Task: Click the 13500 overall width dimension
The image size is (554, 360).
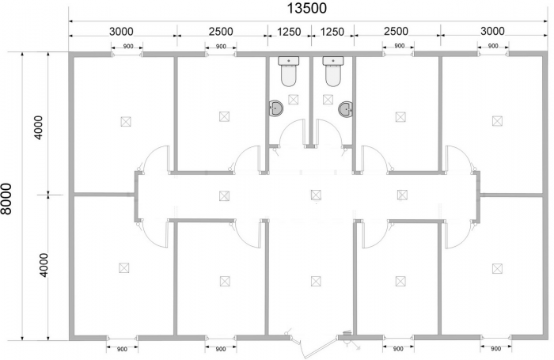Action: pyautogui.click(x=307, y=8)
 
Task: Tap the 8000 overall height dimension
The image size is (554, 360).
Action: pyautogui.click(x=6, y=199)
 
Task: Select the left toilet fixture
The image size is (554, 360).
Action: pyautogui.click(x=289, y=71)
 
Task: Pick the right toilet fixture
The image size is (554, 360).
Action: pyautogui.click(x=333, y=71)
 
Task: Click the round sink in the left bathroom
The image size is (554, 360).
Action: pyautogui.click(x=276, y=108)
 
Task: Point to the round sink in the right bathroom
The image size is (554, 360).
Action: pyautogui.click(x=345, y=109)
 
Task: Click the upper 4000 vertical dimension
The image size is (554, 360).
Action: pyautogui.click(x=39, y=127)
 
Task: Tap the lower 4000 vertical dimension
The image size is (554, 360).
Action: pyautogui.click(x=43, y=265)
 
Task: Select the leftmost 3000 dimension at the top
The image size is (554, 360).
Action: pyautogui.click(x=121, y=32)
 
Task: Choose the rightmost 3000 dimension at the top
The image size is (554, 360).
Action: pyautogui.click(x=492, y=31)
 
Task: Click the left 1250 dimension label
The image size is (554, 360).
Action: pyautogui.click(x=289, y=32)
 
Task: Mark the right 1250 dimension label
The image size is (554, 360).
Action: pyautogui.click(x=332, y=32)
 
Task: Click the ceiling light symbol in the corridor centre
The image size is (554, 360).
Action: pyautogui.click(x=316, y=195)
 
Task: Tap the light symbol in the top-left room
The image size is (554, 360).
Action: pyautogui.click(x=125, y=122)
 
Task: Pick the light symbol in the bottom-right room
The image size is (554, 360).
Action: pyautogui.click(x=497, y=268)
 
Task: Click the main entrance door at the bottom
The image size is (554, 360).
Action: pyautogui.click(x=314, y=348)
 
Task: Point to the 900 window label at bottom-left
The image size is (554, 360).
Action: pyautogui.click(x=122, y=350)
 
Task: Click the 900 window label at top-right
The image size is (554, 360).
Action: pyautogui.click(x=493, y=46)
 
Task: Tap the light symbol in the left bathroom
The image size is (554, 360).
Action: pyautogui.click(x=293, y=99)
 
